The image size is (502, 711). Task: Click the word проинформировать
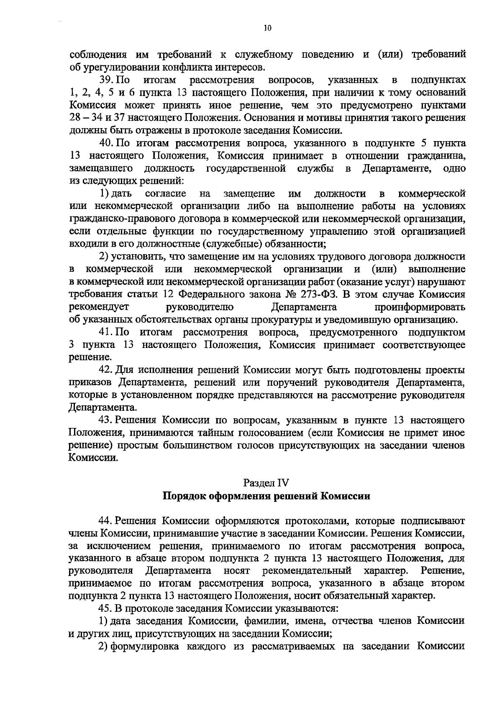point(420,307)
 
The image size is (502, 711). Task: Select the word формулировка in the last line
point(144,647)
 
